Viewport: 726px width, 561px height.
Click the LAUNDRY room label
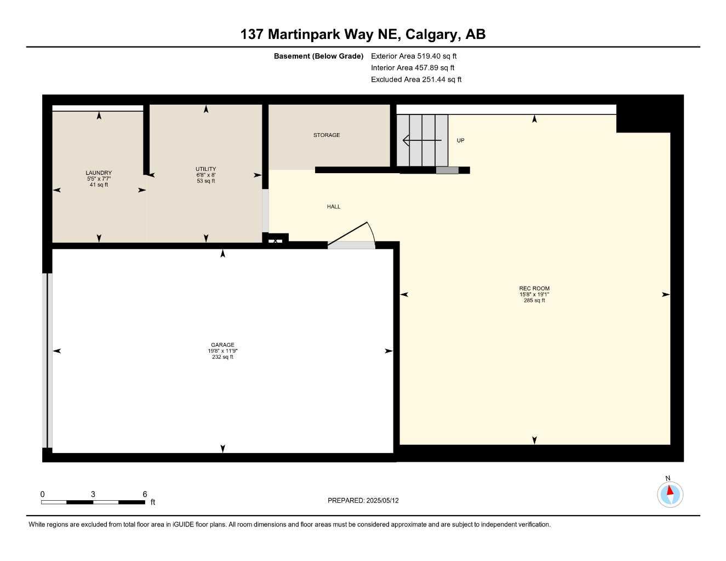99,173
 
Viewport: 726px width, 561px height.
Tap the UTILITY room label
206,169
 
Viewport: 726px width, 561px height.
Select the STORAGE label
327,135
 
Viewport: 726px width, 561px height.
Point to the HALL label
334,207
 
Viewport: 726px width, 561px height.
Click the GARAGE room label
222,345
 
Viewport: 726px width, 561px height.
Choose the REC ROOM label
534,288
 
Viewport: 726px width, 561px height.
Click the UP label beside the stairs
460,140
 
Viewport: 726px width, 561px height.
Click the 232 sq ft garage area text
222,357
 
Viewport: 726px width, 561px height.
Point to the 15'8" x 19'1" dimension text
534,295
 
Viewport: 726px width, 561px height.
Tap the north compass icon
670,494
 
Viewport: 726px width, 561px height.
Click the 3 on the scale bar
93,494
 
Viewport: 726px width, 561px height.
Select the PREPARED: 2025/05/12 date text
363,500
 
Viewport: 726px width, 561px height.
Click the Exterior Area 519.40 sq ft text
414,56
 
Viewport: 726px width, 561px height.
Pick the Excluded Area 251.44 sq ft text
416,79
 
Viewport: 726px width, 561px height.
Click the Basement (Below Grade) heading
318,56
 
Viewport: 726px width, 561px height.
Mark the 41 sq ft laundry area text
99,185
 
